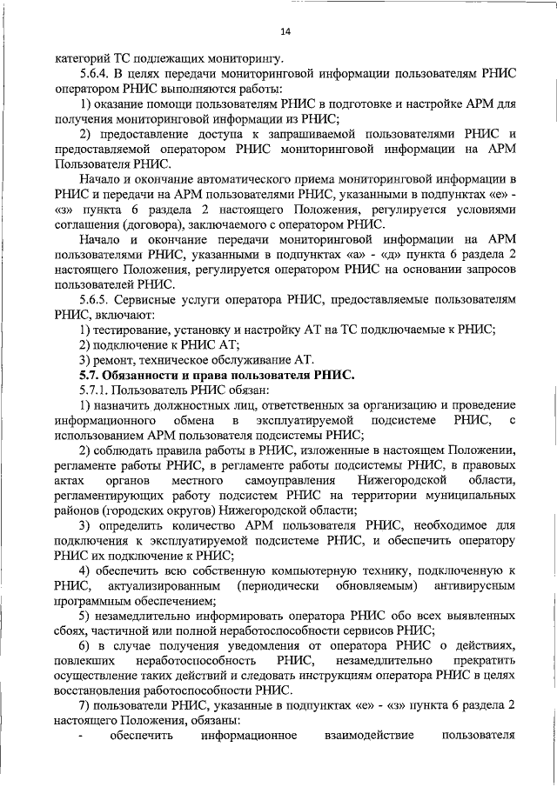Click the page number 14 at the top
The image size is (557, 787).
click(285, 32)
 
